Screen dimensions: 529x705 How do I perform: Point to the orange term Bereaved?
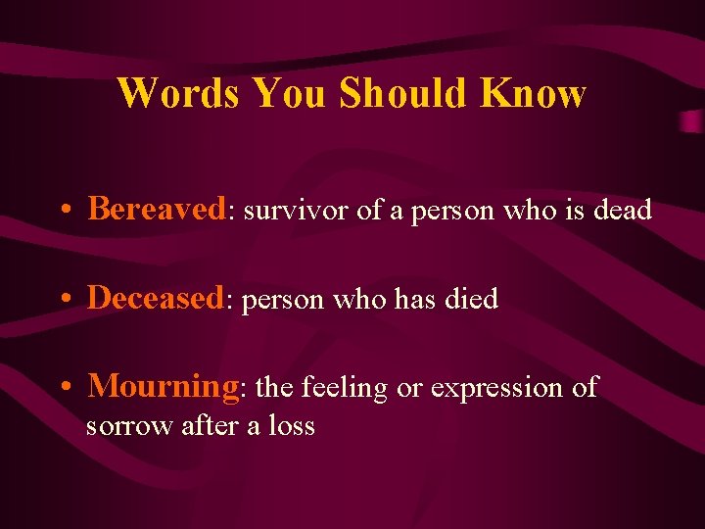coord(157,209)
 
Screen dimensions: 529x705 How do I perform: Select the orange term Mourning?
coord(163,387)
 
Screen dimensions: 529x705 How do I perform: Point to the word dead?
coord(622,211)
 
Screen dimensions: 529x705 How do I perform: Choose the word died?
coord(472,299)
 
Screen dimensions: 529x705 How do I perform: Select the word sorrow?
coord(129,426)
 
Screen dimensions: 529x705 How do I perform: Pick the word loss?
coord(292,426)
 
